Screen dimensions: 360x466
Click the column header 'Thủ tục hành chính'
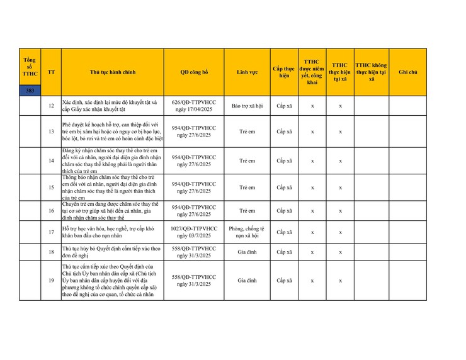(113, 72)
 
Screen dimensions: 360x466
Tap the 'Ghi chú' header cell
(407, 72)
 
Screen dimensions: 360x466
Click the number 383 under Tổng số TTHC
(30, 91)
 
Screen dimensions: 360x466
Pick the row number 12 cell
(51, 106)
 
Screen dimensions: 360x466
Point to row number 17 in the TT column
(51, 232)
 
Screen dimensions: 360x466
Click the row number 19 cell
(51, 281)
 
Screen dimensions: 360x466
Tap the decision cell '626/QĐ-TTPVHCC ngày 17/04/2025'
(194, 106)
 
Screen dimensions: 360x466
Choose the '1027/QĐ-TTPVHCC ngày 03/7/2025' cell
(194, 232)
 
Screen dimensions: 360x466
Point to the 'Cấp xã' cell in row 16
(284, 211)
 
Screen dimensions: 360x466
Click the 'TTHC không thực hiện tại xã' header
(371, 72)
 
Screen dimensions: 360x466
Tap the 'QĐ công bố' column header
(194, 72)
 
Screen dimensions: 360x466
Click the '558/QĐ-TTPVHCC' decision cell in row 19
(194, 281)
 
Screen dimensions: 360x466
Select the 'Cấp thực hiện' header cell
(284, 72)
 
